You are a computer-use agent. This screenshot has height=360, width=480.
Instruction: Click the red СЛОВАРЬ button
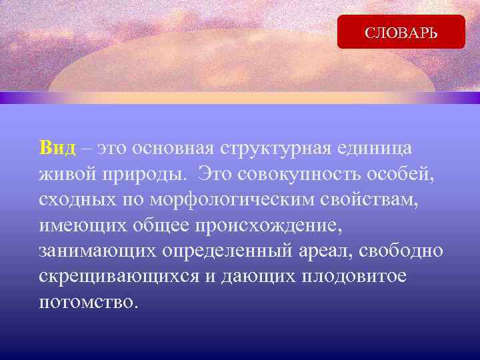coord(401,32)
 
